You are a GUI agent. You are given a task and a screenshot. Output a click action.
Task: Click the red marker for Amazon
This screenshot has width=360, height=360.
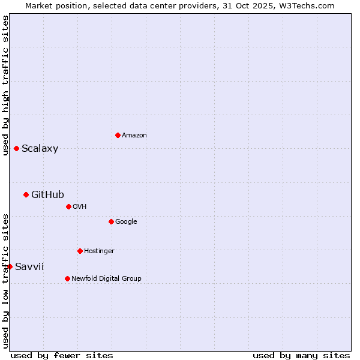118,135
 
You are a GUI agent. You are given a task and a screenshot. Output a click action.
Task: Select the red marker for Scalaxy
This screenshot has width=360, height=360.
16,148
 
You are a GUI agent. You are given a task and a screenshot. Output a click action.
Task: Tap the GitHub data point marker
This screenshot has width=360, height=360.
26,194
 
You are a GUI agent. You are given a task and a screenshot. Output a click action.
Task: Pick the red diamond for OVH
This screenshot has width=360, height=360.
68,206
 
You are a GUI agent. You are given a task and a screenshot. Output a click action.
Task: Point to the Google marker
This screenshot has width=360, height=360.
111,221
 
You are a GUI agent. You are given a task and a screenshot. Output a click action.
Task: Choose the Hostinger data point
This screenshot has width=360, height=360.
80,251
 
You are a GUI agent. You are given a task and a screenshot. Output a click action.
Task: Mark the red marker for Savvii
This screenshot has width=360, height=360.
10,266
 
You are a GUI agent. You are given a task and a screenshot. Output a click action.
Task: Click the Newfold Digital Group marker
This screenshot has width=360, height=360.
67,278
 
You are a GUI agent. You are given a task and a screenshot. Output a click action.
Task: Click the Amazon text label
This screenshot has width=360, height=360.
134,136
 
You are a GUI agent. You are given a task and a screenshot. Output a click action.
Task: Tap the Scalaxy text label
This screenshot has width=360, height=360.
40,149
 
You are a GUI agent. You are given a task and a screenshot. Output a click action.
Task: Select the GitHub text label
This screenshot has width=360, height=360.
47,194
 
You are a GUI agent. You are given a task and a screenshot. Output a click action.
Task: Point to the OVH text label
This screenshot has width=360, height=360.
80,207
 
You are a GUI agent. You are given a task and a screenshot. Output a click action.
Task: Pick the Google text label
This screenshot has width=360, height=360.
126,222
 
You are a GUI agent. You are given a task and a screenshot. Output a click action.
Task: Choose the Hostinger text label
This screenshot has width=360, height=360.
99,251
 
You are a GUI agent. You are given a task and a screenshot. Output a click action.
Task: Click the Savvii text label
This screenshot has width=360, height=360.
29,266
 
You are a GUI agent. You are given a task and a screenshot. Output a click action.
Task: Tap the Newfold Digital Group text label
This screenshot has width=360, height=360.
106,279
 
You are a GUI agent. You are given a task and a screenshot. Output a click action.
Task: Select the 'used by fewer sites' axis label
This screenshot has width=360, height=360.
62,355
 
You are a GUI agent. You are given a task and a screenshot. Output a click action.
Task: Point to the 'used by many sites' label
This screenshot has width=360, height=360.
301,355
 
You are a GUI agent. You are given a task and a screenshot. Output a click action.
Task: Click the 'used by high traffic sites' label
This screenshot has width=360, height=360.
6,85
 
